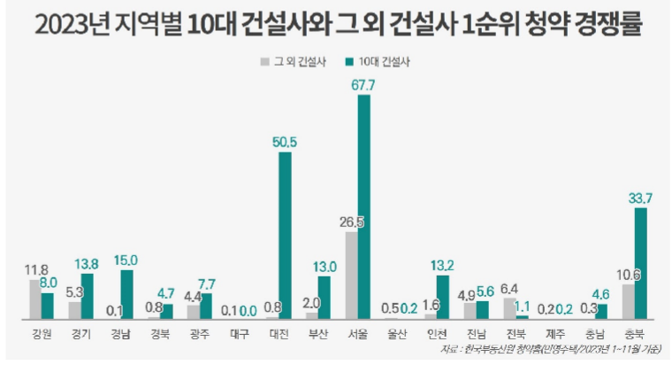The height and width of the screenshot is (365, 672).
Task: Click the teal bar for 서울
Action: point(363,206)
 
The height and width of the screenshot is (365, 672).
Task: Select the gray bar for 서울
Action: point(351,275)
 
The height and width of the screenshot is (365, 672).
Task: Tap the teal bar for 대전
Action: point(285,235)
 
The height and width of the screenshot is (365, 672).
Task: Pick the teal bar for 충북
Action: point(641,262)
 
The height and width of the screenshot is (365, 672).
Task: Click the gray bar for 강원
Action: point(34,299)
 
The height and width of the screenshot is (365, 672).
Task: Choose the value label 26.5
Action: point(351,220)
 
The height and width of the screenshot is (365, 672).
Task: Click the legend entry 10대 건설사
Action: point(382,62)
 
